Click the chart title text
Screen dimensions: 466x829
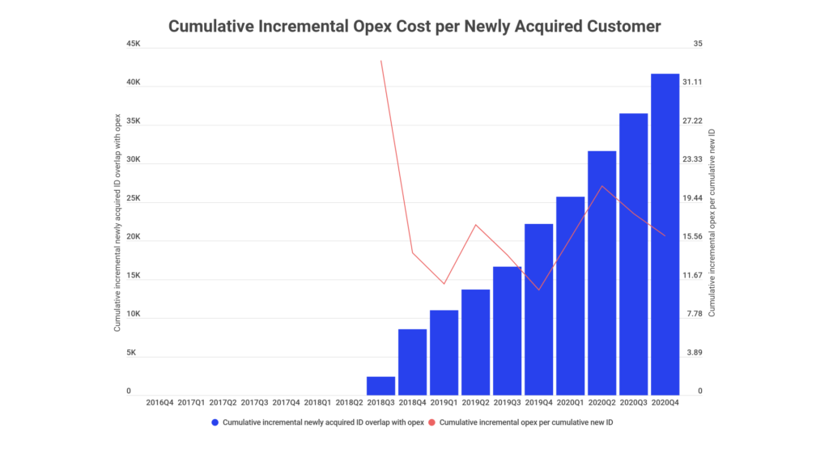(x=414, y=26)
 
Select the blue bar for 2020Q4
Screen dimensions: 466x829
(x=665, y=234)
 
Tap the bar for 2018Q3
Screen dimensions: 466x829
(x=380, y=386)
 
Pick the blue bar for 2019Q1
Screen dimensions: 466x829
(x=444, y=353)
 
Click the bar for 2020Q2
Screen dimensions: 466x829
(x=602, y=273)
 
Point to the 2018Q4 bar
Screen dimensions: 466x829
(x=412, y=362)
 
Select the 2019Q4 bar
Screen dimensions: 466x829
(x=538, y=309)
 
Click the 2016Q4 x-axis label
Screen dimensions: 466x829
(x=159, y=402)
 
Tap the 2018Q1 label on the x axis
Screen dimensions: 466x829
(x=317, y=402)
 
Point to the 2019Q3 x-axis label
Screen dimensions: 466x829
(x=507, y=402)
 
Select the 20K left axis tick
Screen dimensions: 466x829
(x=134, y=237)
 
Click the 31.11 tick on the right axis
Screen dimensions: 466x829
(x=692, y=83)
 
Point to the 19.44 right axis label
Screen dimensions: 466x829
(x=692, y=198)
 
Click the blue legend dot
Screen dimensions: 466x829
(x=215, y=423)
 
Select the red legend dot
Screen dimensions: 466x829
(x=432, y=423)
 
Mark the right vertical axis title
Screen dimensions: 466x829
(x=712, y=220)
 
